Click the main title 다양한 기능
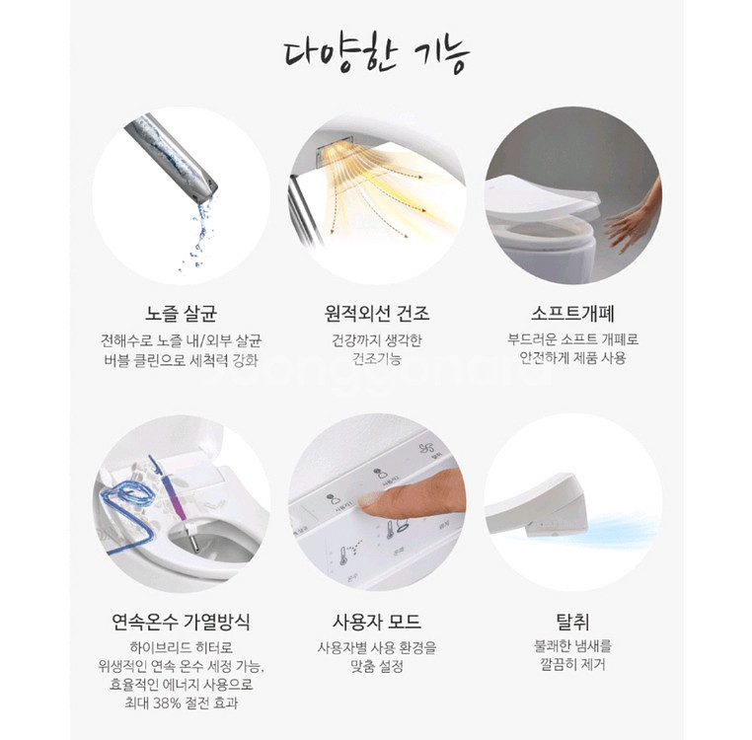(376, 53)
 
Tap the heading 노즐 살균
(181, 314)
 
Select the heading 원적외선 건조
(377, 314)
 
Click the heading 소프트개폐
(572, 314)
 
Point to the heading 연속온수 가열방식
(181, 622)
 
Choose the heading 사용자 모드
(377, 622)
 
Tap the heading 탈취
(572, 622)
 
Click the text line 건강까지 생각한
(377, 340)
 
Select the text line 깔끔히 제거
(572, 665)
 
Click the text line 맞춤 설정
(377, 666)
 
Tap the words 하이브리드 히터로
(181, 646)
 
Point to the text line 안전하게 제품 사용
(572, 358)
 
